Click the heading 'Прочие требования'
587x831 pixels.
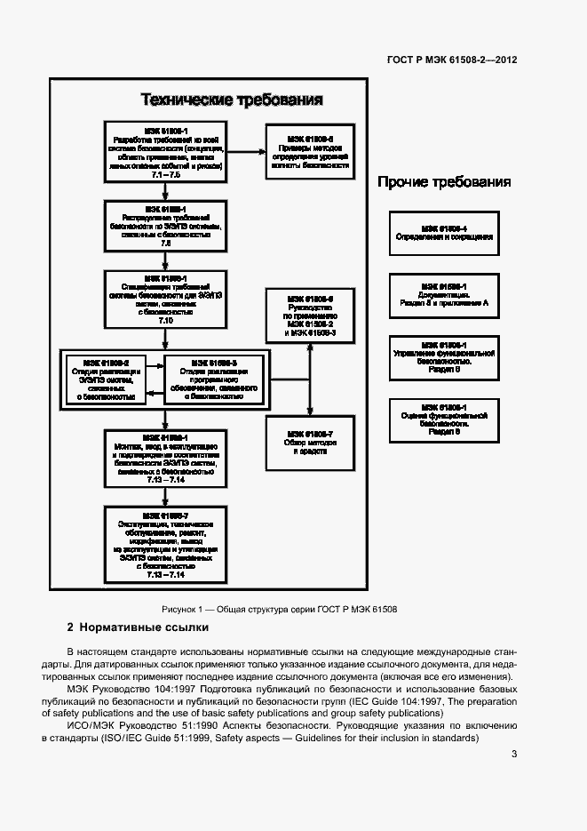click(444, 182)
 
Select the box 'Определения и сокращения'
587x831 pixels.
click(444, 233)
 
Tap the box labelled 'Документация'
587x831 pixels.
click(444, 295)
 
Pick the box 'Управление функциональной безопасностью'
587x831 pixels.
click(444, 356)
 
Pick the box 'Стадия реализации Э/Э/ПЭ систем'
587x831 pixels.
click(106, 380)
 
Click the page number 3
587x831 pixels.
click(514, 755)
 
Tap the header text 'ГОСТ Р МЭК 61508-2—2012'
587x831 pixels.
click(453, 60)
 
